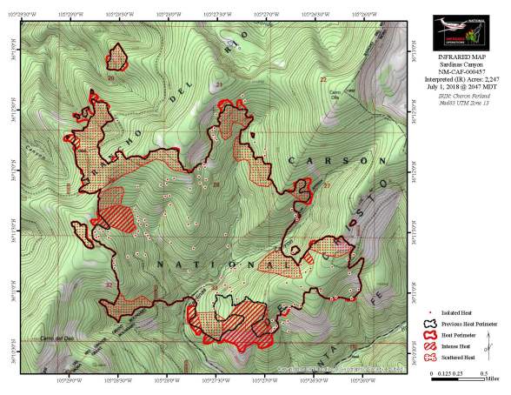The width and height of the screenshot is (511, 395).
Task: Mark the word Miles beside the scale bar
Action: pyautogui.click(x=488, y=378)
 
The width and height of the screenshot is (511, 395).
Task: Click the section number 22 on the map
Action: pyautogui.click(x=322, y=79)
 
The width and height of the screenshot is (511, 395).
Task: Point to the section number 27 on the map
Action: pyautogui.click(x=327, y=186)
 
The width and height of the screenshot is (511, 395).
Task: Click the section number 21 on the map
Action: pyautogui.click(x=219, y=84)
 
